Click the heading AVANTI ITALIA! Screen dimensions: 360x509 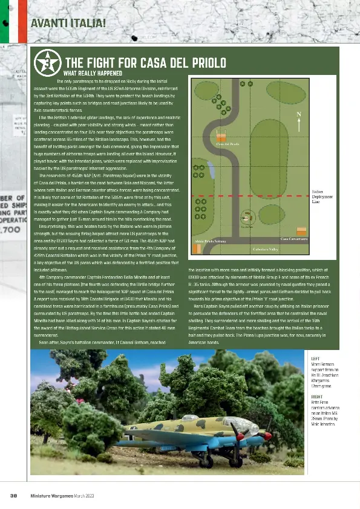(68, 24)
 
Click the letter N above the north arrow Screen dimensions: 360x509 (298, 114)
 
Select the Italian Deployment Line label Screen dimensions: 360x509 (322, 196)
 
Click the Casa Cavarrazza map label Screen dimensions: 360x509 (293, 240)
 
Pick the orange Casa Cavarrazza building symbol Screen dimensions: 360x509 (301, 231)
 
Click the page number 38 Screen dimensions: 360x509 (13, 496)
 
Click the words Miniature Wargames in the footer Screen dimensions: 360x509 (52, 496)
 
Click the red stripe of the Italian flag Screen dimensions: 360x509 (23, 21)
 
